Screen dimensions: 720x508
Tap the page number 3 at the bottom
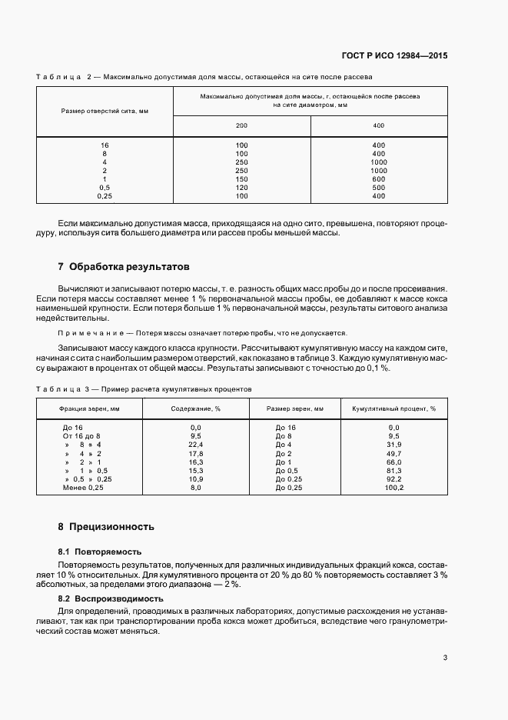[x=445, y=658]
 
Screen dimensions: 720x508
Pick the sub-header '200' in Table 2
[x=241, y=125]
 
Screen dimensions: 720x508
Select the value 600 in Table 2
[x=378, y=179]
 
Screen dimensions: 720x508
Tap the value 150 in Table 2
[x=241, y=179]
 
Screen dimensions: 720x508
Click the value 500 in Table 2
[x=378, y=188]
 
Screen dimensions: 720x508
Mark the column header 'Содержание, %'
[x=195, y=408]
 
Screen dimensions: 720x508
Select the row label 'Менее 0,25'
[x=83, y=488]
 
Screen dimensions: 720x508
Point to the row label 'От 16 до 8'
[x=81, y=436]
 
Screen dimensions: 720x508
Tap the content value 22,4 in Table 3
[x=195, y=445]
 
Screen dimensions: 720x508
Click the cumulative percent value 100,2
[x=394, y=488]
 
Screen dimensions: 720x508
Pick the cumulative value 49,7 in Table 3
[x=394, y=453]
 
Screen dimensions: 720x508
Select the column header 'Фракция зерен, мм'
[x=89, y=408]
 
